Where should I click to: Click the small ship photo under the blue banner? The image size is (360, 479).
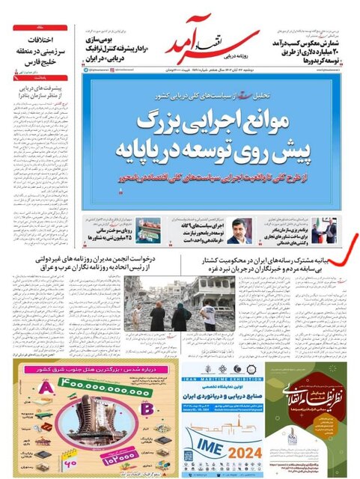point(147,230)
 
